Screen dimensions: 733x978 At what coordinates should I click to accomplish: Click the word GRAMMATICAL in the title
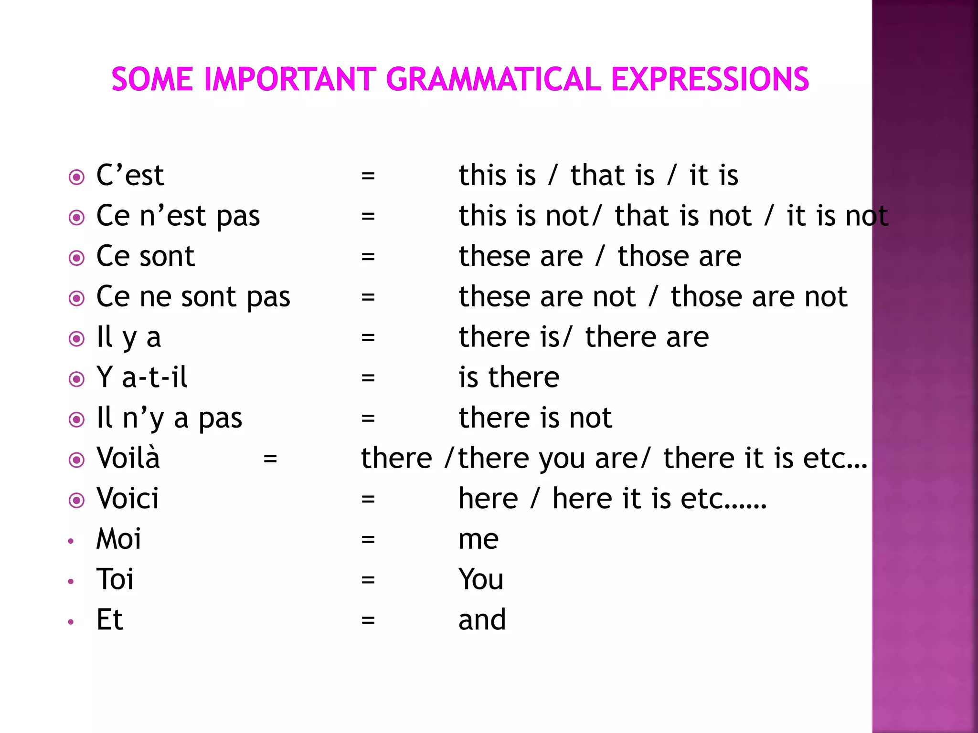493,79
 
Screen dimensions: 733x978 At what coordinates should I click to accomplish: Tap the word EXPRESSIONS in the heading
710,79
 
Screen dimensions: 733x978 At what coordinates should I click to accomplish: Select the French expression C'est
130,175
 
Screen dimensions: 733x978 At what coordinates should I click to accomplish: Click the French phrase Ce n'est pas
178,216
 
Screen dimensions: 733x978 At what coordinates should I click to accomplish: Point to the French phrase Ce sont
145,256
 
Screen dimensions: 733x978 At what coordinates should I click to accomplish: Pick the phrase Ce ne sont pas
193,297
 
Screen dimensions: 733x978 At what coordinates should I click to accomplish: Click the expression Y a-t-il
142,377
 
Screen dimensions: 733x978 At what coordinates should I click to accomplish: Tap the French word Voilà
128,458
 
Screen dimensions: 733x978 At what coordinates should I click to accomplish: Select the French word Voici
127,499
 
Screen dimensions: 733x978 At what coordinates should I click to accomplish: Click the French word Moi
118,539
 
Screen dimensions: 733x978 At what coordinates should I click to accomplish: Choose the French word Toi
115,579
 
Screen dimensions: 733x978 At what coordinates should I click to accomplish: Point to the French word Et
110,620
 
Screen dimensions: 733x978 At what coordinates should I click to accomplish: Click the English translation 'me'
478,540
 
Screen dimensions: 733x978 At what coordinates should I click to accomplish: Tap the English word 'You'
481,579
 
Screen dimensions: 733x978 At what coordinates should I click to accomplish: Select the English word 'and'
482,620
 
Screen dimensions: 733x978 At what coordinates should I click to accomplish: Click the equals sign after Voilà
270,459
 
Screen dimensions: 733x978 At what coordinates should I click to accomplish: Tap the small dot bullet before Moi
71,541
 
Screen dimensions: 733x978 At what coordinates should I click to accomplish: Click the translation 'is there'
509,377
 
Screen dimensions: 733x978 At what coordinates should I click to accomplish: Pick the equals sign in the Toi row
368,580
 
